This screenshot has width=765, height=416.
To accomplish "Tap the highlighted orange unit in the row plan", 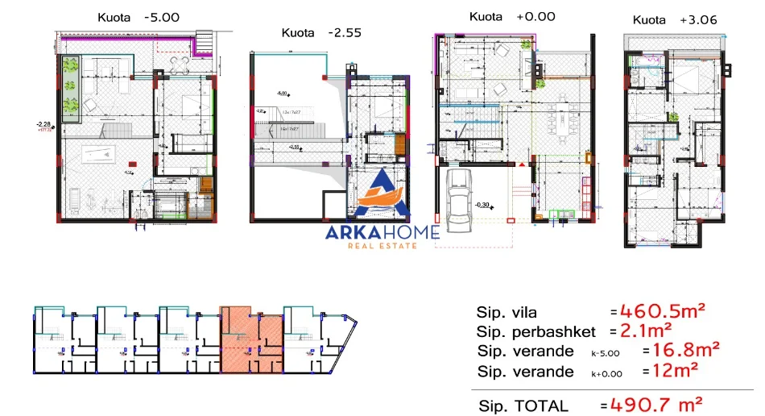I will pos(250,342).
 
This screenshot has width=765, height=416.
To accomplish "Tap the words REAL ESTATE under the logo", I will pos(382,245).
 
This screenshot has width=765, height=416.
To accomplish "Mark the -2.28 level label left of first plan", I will pos(43,124).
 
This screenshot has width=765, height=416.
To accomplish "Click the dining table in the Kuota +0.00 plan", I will pos(560,121).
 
